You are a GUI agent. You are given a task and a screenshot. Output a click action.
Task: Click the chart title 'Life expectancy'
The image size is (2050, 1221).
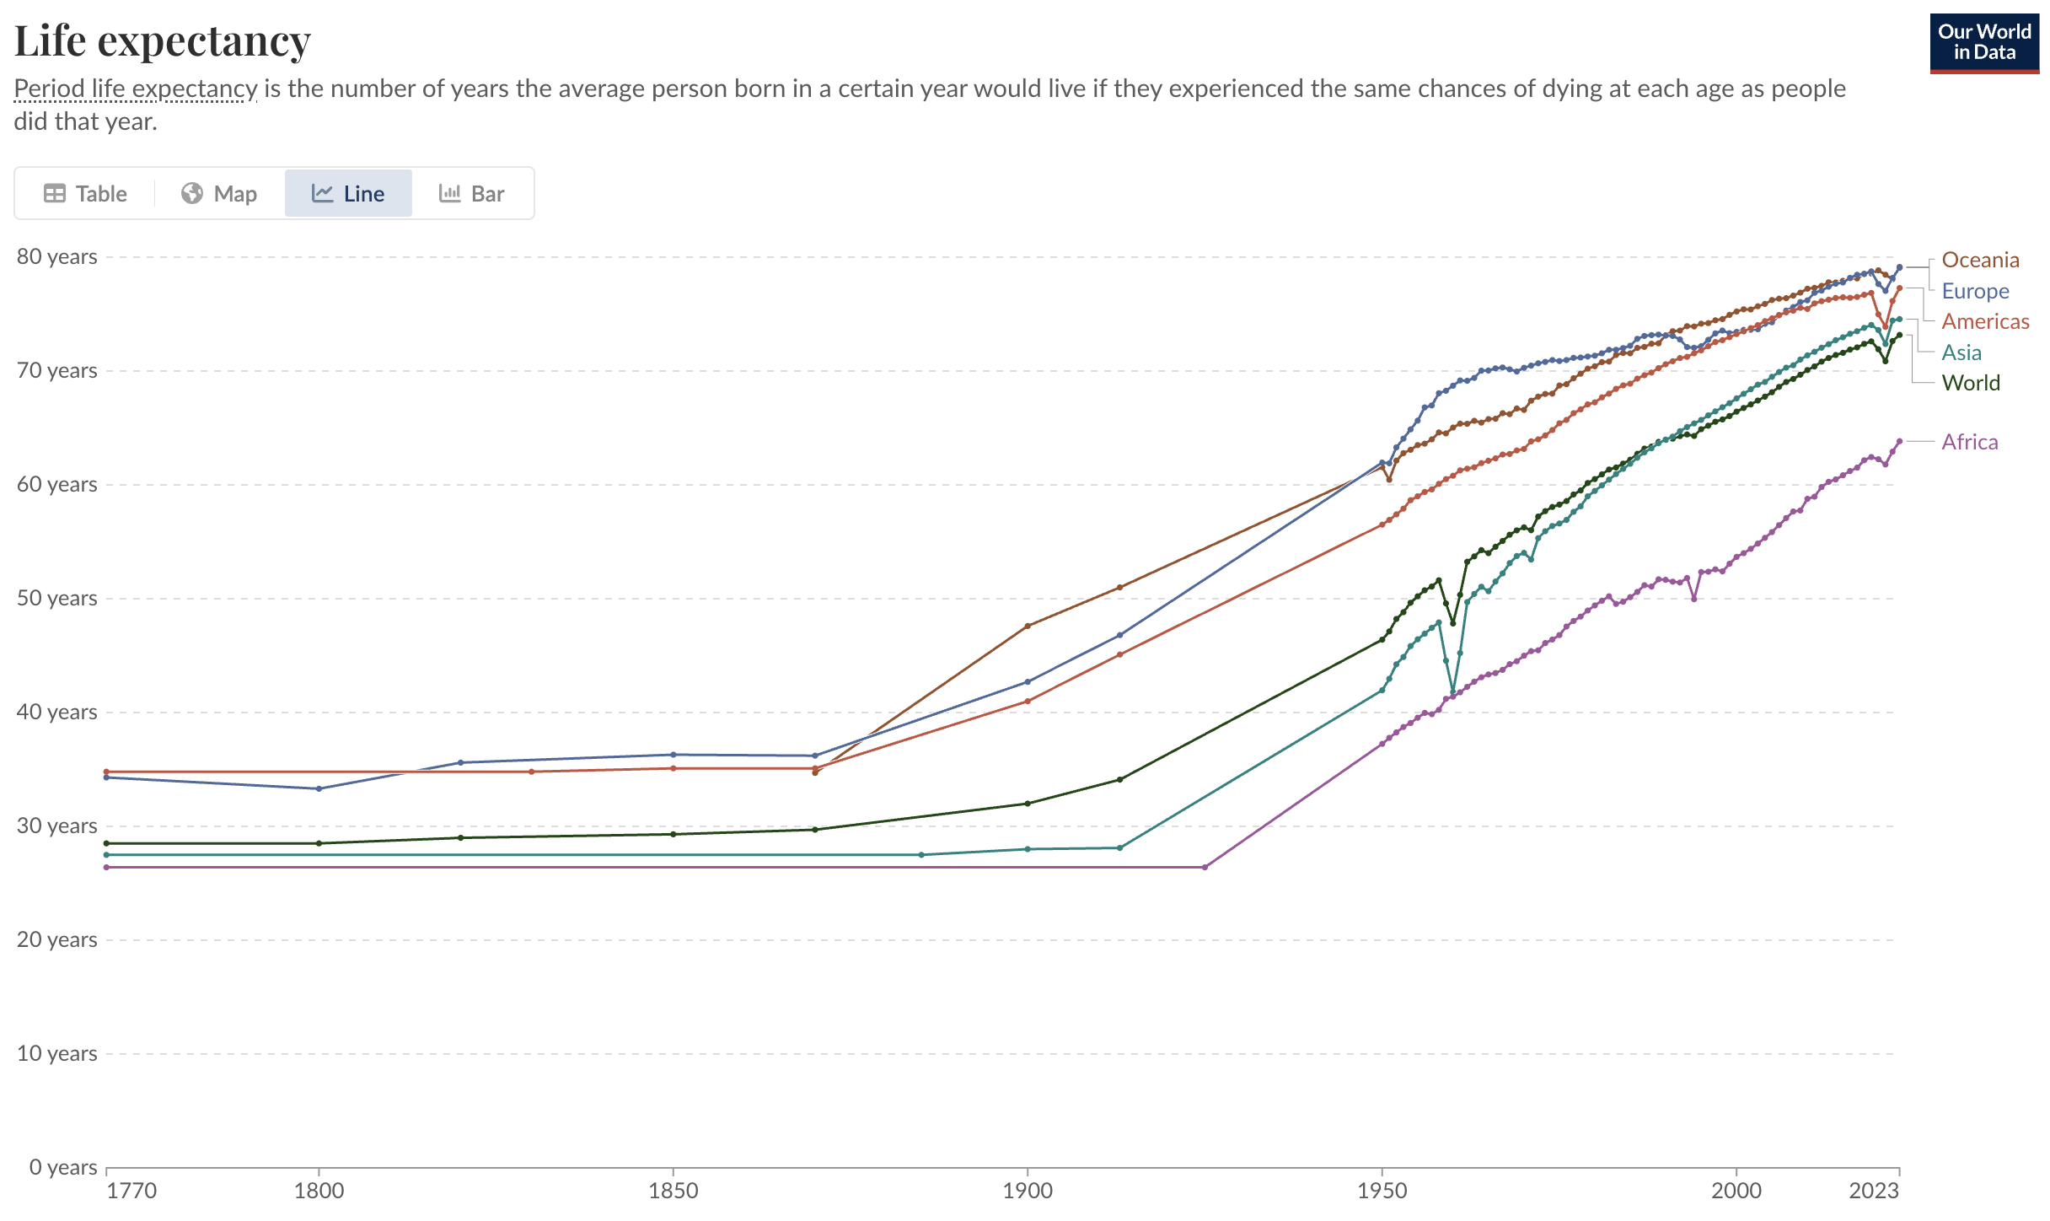[x=163, y=40]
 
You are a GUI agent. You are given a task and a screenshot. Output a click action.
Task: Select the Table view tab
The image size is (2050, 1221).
[x=85, y=194]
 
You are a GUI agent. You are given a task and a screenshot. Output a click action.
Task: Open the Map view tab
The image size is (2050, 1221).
[x=219, y=194]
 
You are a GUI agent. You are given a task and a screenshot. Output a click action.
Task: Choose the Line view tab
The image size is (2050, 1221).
[x=348, y=194]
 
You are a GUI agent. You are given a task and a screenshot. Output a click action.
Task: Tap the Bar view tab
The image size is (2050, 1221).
[x=472, y=194]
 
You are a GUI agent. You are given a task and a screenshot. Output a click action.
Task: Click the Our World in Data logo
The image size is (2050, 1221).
[x=1984, y=42]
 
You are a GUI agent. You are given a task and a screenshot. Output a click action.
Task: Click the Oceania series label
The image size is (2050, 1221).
[x=1980, y=260]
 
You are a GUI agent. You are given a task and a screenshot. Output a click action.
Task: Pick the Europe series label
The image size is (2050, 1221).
[x=1975, y=291]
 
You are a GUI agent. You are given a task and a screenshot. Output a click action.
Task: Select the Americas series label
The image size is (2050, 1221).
[x=1985, y=321]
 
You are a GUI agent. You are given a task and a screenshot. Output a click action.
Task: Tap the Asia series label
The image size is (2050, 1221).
[x=1961, y=352]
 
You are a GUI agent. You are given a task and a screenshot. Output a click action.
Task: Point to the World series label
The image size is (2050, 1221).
[x=1971, y=383]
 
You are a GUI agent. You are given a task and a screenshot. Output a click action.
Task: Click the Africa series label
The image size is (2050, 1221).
[x=1970, y=442]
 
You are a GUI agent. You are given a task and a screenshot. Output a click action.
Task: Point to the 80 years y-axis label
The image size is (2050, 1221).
[x=57, y=256]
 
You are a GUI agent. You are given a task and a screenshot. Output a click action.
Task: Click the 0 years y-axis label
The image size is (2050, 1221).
[x=63, y=1167]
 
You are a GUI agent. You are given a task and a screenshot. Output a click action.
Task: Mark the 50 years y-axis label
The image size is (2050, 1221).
[x=57, y=598]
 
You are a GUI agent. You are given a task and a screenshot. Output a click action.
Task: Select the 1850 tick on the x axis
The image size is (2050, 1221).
[x=673, y=1191]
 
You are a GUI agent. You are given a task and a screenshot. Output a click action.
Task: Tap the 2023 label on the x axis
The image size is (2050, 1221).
[x=1873, y=1191]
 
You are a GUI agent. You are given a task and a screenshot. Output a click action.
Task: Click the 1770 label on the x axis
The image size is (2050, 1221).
[x=132, y=1191]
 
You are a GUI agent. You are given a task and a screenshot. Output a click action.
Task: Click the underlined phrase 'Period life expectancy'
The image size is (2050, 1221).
[x=136, y=89]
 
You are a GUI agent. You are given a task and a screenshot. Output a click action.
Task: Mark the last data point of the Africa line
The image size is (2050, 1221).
[x=1899, y=441]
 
